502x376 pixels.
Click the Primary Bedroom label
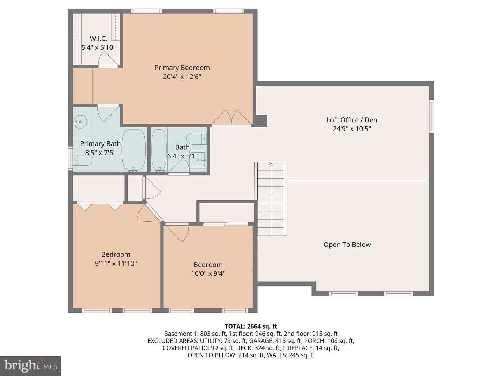182,68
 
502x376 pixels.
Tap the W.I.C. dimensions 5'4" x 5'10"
98,48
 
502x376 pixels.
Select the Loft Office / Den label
351,120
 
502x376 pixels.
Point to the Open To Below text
347,245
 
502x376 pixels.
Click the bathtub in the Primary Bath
134,150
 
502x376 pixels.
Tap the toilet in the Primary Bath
83,160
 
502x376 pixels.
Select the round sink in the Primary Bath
81,122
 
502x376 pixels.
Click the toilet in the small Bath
196,139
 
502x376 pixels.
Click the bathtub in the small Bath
159,150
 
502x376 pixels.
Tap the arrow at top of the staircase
271,164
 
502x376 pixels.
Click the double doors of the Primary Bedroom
231,117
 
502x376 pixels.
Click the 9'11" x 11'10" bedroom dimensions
116,264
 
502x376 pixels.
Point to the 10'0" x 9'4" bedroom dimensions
208,274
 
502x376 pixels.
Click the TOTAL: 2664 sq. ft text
251,326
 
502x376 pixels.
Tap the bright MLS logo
31,366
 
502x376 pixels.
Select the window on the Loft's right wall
431,116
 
